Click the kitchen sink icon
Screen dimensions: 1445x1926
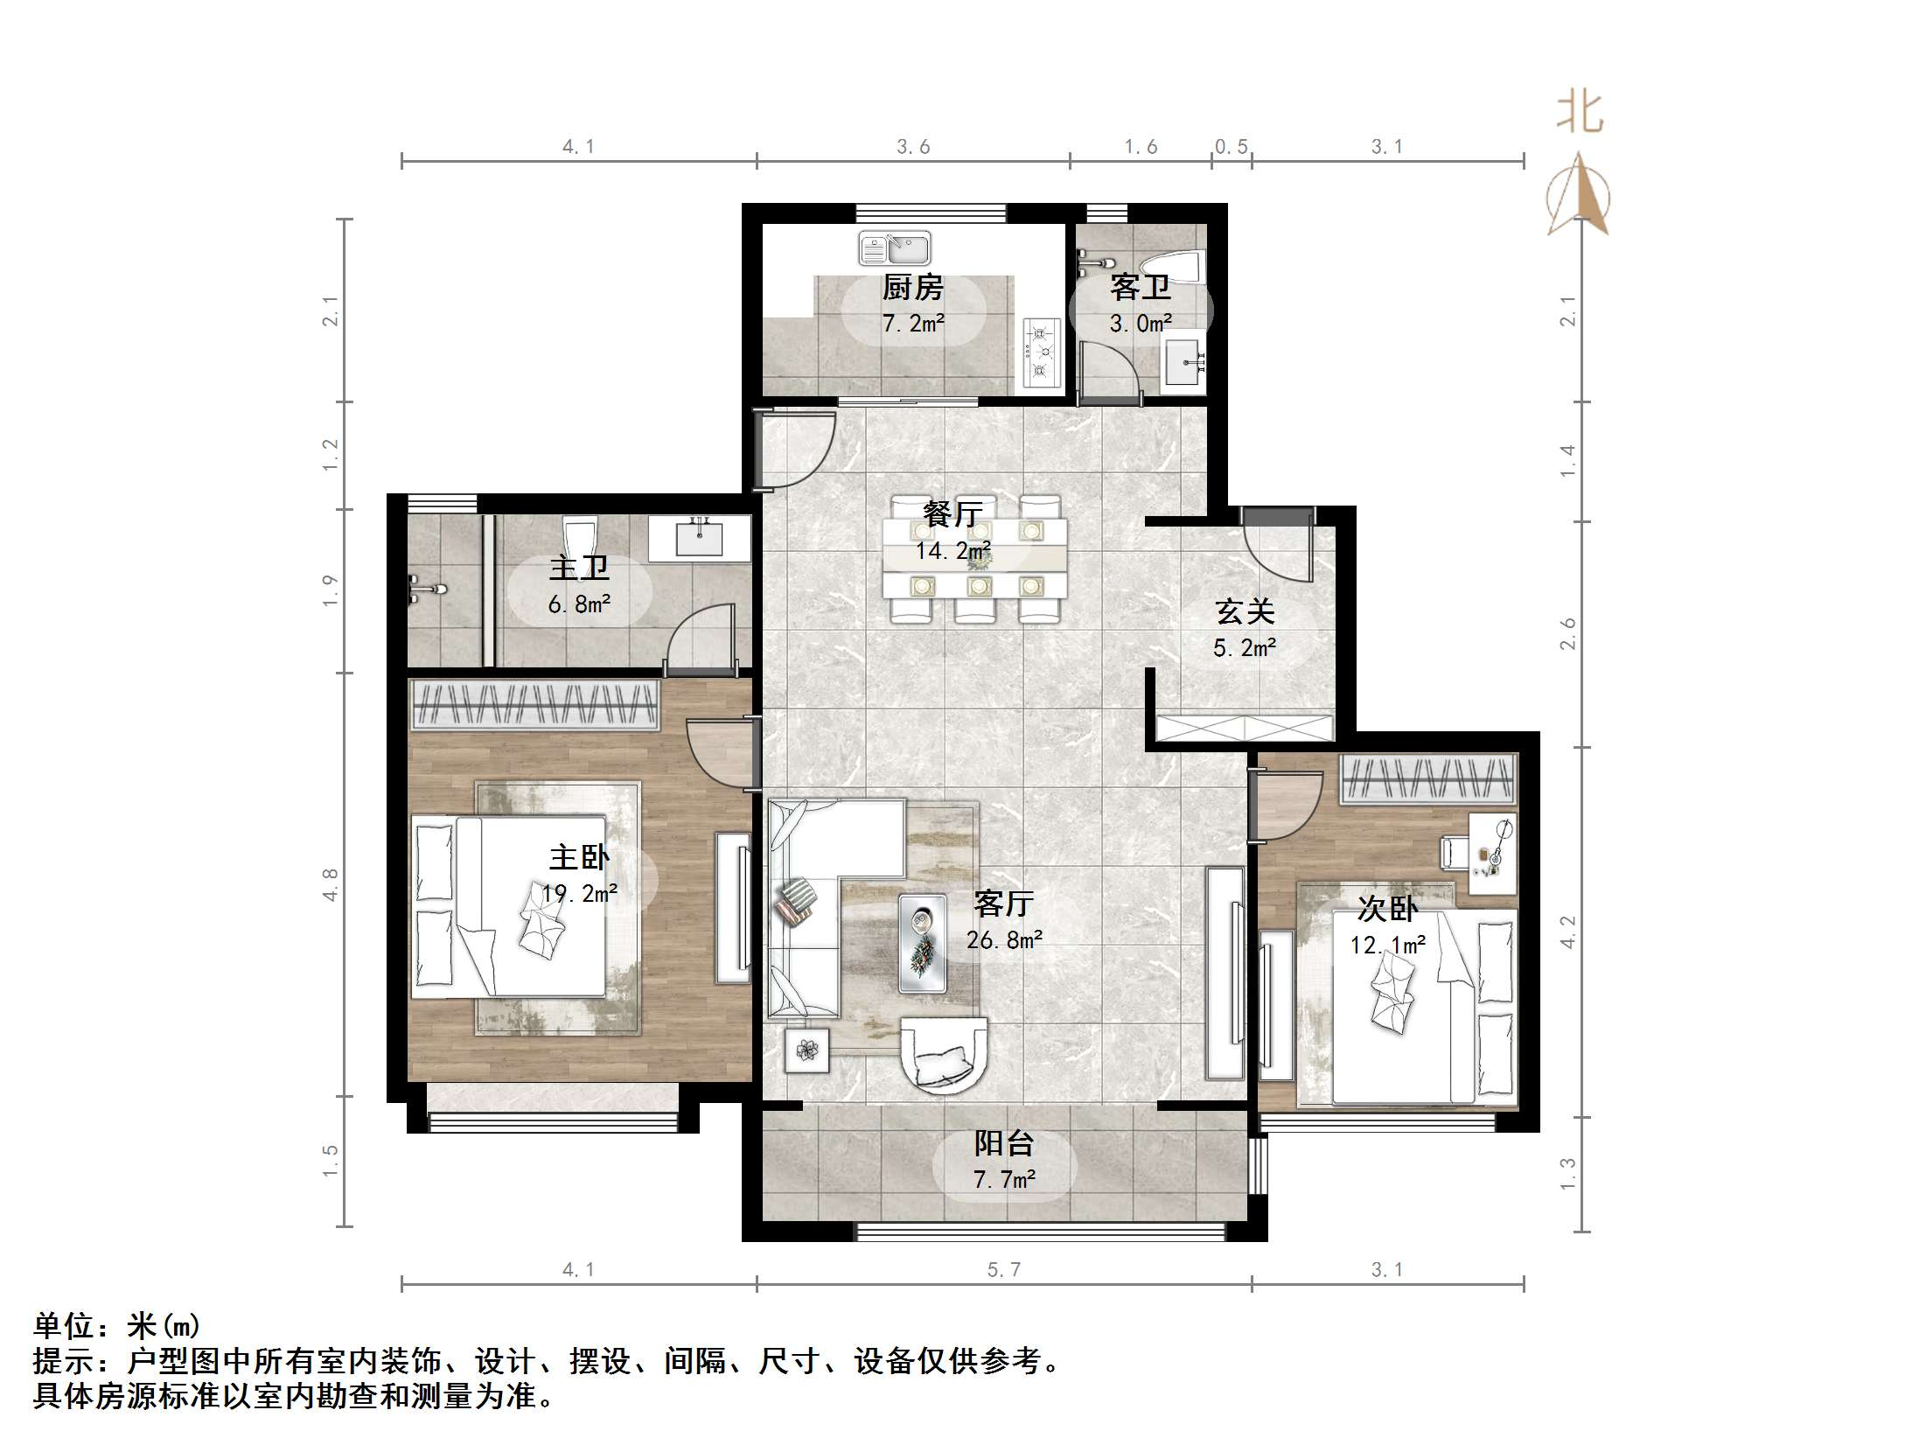point(894,248)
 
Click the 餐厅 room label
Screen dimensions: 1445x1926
point(953,513)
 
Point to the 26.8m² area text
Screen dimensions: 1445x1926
point(1004,940)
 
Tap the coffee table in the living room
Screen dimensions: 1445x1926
point(922,943)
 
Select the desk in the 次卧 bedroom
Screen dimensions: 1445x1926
point(1492,853)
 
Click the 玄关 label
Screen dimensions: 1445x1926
point(1244,612)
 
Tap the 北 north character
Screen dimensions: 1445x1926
point(1579,114)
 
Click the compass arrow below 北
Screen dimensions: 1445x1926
point(1579,197)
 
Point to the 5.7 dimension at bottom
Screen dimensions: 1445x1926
point(1003,1269)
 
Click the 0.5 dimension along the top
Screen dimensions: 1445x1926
point(1231,147)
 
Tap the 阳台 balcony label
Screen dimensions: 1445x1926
point(1004,1143)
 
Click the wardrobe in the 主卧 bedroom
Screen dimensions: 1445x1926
point(534,704)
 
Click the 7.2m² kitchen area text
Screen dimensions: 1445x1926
point(913,324)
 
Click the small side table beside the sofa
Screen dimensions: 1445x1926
point(806,1050)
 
